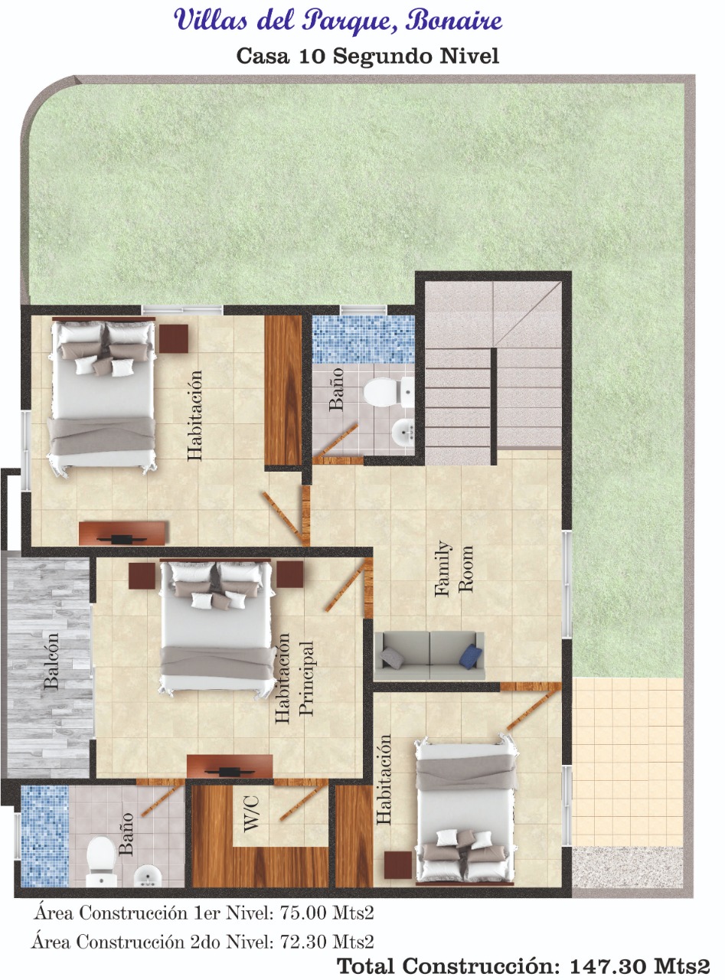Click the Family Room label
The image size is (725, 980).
tap(454, 569)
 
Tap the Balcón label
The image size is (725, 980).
tap(52, 661)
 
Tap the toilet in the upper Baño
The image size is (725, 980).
tap(389, 391)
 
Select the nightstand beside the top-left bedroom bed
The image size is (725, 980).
tap(174, 338)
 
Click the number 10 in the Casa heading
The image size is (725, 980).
tap(312, 56)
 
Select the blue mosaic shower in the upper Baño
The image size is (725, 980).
tap(363, 339)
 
